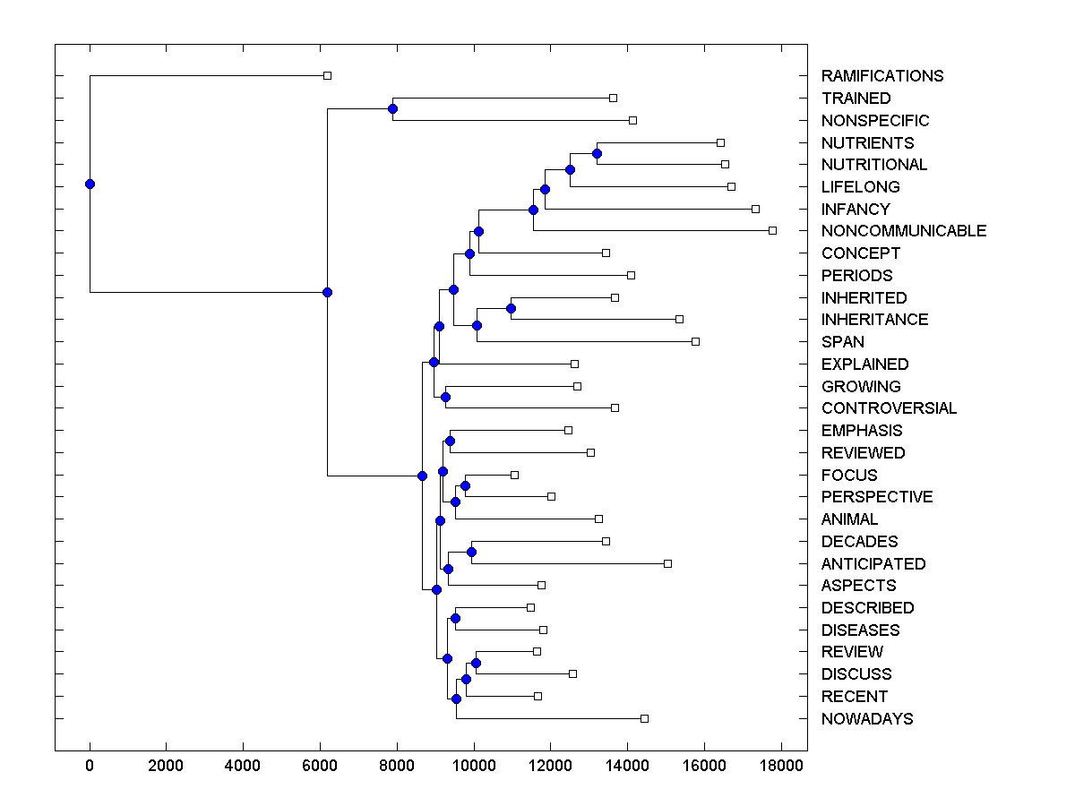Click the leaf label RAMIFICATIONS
pos(881,76)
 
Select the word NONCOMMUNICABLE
pos(903,231)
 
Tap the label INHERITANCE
pos(874,320)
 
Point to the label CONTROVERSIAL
pos(889,408)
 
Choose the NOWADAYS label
pos(867,719)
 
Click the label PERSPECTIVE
pos(877,497)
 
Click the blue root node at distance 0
pos(90,184)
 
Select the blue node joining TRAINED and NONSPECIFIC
pos(392,109)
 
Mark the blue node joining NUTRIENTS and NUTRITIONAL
pos(597,154)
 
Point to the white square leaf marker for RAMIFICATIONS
pos(327,76)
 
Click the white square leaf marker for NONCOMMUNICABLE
pos(772,231)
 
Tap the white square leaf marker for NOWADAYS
pos(644,719)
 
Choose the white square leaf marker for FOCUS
pos(514,475)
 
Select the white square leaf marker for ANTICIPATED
pos(667,563)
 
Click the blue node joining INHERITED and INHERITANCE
pos(511,309)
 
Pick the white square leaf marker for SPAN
pos(695,341)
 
